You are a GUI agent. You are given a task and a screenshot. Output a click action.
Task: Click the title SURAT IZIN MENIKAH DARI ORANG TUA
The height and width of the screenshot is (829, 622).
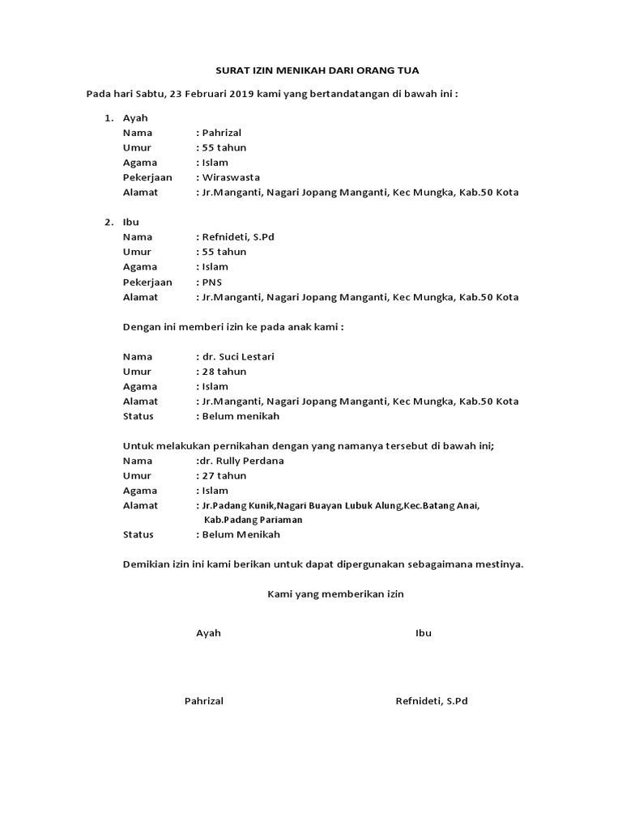coord(311,70)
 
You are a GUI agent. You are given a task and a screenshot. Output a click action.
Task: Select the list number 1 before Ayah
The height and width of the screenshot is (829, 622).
coord(109,118)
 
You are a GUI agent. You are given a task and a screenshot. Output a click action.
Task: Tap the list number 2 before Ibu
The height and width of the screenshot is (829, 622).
coord(109,223)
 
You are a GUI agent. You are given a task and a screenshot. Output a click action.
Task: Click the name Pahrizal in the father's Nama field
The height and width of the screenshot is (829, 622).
coord(222,133)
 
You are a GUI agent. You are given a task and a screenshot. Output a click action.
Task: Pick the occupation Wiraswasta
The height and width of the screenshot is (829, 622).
coord(231,177)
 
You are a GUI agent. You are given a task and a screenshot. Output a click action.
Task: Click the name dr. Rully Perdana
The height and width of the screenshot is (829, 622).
coord(241,461)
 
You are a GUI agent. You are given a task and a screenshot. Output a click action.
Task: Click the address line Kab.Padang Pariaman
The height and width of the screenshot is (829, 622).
coord(253,520)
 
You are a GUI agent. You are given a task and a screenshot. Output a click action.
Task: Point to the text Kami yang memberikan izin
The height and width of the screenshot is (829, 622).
coord(335,594)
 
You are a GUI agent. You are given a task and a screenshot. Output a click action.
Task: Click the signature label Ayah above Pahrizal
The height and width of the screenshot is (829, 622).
coord(208,633)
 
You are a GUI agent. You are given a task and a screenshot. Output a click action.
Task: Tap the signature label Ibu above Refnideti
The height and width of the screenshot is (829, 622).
coord(423,633)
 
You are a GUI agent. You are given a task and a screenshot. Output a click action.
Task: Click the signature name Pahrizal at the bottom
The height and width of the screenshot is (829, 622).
coord(204,701)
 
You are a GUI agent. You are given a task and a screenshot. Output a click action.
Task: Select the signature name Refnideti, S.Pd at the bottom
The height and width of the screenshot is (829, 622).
coord(431,701)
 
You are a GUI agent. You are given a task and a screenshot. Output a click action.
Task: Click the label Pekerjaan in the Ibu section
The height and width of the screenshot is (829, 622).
coord(147,282)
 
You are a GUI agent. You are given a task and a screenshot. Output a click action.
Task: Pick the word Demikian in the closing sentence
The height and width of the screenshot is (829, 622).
coord(146,564)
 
